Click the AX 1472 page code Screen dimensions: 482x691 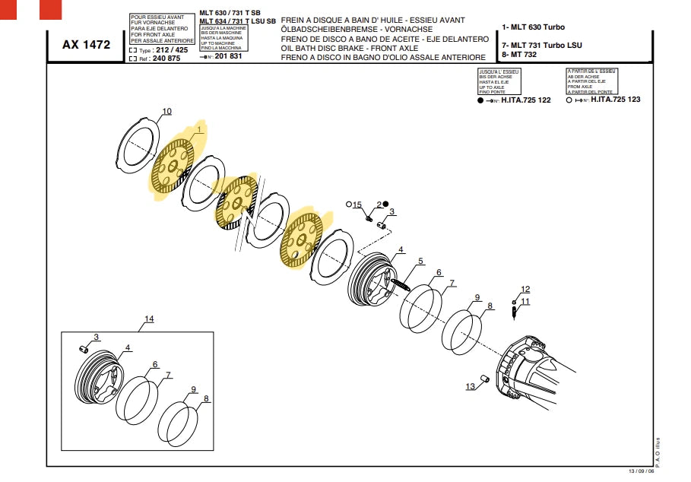(85, 45)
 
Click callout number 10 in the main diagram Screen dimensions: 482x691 (166, 112)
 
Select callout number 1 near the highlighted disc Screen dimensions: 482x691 (199, 130)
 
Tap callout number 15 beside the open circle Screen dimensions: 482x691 (357, 205)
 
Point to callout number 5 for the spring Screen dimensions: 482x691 (420, 262)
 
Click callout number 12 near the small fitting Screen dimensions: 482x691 (525, 289)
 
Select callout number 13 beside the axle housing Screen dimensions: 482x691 (471, 386)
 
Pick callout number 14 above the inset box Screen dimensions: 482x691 (149, 319)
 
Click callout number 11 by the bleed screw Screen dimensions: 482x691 (525, 301)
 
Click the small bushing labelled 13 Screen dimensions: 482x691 (483, 378)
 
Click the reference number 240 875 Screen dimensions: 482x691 (166, 58)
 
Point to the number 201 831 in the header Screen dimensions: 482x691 (228, 56)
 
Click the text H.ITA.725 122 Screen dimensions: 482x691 (526, 100)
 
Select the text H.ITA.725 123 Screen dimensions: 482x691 (616, 100)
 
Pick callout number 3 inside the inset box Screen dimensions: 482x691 (97, 337)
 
